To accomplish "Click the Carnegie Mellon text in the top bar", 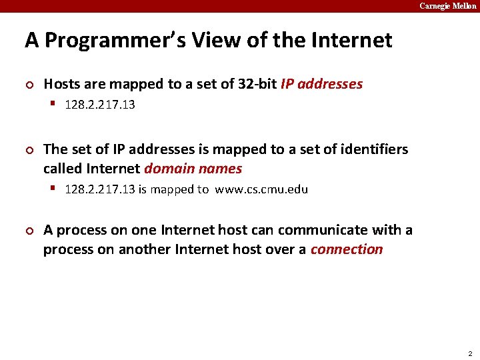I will point(447,6).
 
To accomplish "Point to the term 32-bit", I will point(258,84).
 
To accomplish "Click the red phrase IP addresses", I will point(322,84).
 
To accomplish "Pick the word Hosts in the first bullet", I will point(61,84).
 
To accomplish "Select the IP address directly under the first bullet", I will point(100,105).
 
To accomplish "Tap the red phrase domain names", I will point(193,169).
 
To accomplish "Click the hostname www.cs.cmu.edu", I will point(261,189).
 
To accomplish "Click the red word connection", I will point(347,249).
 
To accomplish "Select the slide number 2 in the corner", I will point(470,353).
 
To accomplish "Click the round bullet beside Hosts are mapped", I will point(29,85).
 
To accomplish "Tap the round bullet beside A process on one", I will point(29,231).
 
